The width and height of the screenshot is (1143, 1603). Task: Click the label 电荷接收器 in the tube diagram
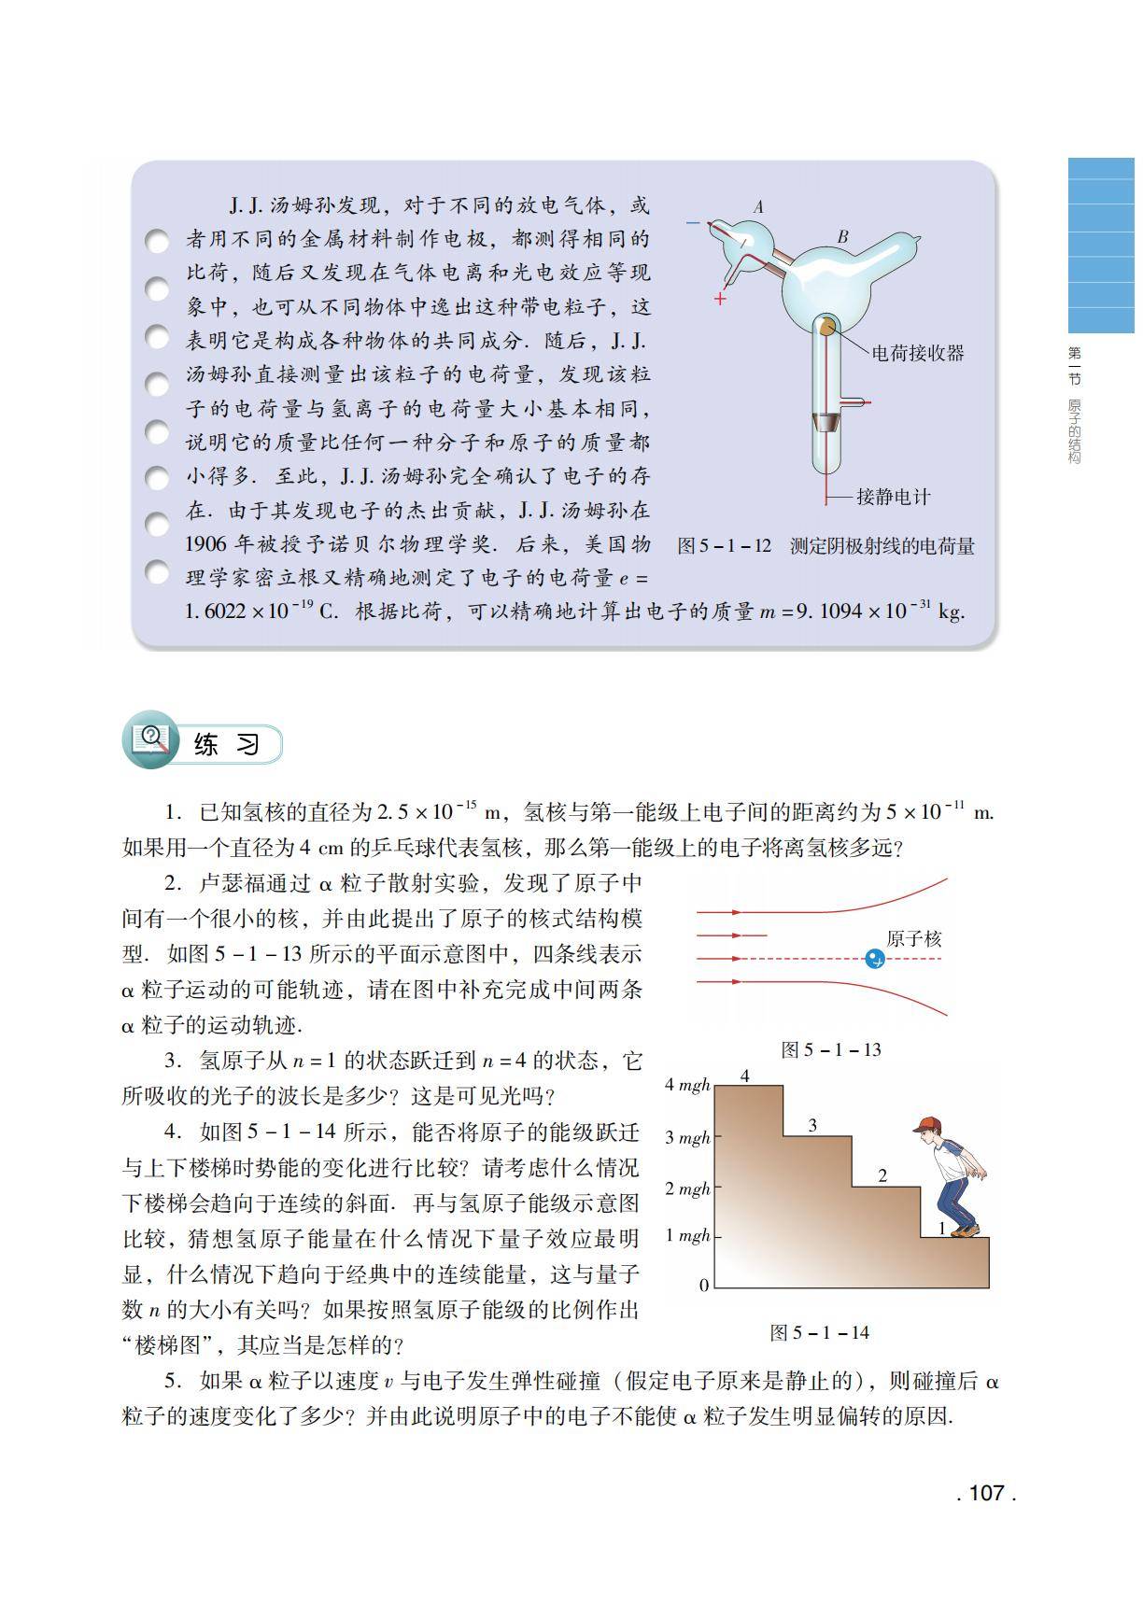[917, 353]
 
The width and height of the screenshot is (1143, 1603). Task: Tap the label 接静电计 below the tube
[894, 497]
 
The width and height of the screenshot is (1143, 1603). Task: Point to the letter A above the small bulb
[758, 207]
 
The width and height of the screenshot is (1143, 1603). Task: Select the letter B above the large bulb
[842, 237]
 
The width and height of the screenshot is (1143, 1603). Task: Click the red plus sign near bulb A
[720, 299]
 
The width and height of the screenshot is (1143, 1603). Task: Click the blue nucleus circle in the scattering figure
[874, 959]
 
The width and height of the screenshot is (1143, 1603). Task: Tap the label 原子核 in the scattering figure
[914, 938]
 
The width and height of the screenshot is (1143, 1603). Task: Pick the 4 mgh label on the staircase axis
[687, 1085]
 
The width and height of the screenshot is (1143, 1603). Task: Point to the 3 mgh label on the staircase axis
[687, 1137]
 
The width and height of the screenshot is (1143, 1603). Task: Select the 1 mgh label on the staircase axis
[687, 1236]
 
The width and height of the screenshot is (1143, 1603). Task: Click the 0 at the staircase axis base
[704, 1286]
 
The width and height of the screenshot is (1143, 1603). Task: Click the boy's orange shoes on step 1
[965, 1231]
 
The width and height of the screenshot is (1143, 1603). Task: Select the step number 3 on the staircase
[812, 1125]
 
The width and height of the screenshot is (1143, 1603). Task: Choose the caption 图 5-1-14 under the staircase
[819, 1332]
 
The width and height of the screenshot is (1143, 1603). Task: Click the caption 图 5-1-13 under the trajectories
[831, 1049]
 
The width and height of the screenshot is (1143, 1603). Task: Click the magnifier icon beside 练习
[149, 743]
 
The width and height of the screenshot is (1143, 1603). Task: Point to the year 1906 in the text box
[207, 544]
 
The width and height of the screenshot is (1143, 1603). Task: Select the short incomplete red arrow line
[732, 935]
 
